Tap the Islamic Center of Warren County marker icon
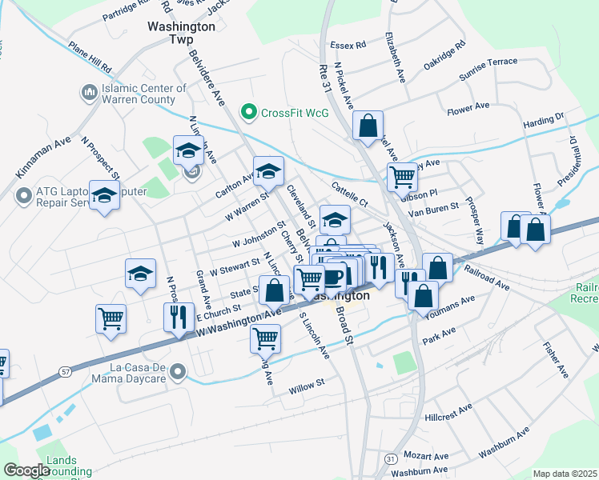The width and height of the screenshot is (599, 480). tap(88, 94)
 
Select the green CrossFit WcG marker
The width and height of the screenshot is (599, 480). tap(248, 112)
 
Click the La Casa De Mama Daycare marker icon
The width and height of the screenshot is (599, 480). tap(178, 370)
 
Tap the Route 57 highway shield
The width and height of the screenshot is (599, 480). tap(65, 371)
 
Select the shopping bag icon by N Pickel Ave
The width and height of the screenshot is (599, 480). tap(368, 126)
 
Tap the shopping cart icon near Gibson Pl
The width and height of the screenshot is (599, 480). tap(402, 176)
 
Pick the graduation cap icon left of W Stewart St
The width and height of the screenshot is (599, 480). tap(140, 273)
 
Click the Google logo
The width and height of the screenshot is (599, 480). tap(26, 470)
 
